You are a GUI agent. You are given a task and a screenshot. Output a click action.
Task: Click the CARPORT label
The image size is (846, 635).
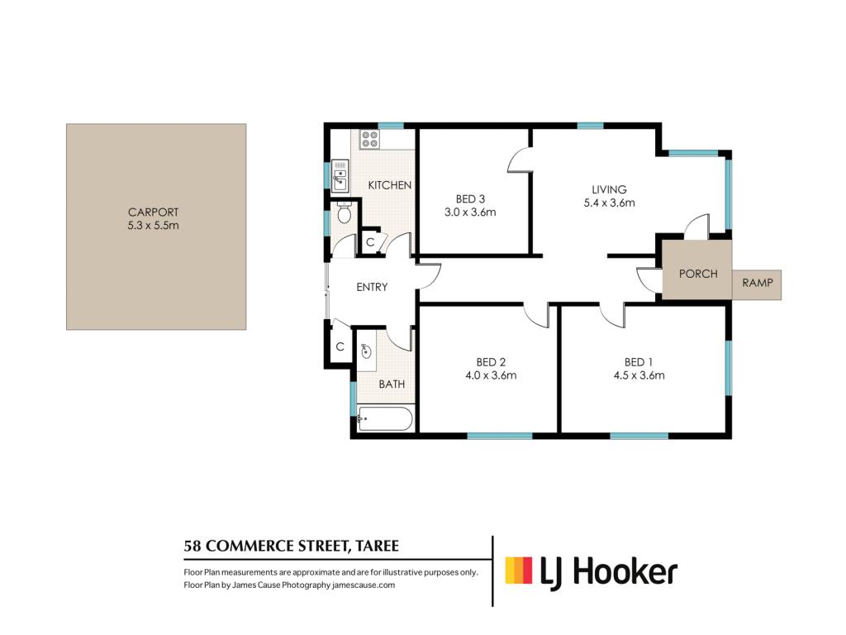point(153,212)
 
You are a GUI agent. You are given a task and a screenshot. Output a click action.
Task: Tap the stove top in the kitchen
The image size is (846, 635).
point(369,139)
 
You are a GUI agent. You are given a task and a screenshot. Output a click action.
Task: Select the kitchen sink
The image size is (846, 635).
point(340,176)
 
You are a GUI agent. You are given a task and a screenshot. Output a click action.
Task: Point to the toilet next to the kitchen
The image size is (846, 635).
point(344,212)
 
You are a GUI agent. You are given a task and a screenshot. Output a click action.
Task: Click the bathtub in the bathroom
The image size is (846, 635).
point(385,419)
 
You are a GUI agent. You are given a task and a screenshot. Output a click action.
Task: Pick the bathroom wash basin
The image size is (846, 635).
point(366,351)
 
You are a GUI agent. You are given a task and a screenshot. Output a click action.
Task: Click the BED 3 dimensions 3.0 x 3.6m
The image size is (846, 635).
point(470,212)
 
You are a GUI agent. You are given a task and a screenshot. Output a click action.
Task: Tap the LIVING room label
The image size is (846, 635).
point(609,189)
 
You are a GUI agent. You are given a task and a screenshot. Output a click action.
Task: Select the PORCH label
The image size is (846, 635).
point(698,274)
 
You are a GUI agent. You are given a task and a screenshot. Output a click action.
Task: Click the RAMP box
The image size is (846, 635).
point(757,284)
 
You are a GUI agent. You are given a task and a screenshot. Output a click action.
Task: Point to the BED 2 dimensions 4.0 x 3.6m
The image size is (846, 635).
point(491,375)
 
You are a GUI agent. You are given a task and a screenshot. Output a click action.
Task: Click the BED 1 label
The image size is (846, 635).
point(639,362)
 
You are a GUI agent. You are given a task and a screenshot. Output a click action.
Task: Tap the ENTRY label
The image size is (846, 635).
point(372,287)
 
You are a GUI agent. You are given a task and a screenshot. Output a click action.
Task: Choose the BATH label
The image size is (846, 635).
point(392,384)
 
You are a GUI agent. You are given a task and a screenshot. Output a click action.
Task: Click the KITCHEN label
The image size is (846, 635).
point(390,185)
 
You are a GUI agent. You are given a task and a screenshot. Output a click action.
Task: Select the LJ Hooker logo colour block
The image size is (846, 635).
point(519,571)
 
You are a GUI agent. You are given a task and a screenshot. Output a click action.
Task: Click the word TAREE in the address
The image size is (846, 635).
point(377,546)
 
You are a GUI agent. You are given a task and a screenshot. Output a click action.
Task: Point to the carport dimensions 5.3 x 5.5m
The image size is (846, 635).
point(153,226)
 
